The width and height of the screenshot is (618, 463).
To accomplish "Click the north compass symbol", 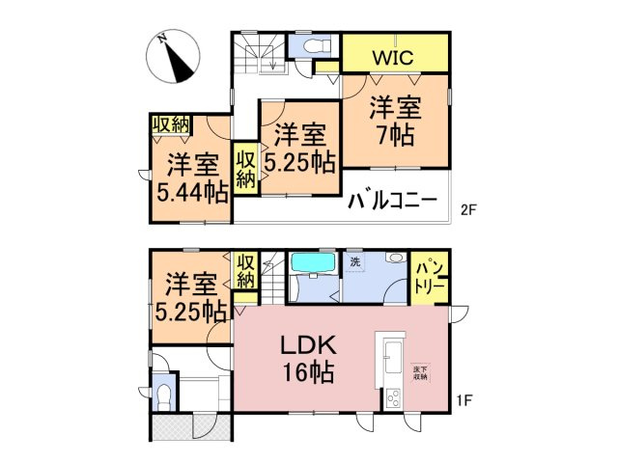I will [174, 57].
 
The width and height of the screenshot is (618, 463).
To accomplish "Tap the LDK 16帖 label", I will [307, 358].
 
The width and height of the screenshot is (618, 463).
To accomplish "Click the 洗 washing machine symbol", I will [355, 262].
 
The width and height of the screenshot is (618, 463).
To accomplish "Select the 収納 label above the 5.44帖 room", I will [170, 124].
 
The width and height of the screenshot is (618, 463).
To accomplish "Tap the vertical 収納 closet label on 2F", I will [245, 169].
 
